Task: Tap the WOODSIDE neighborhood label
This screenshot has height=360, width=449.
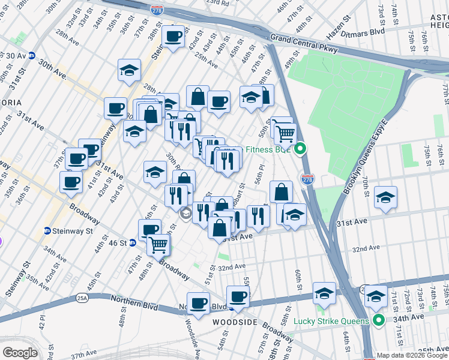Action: point(235,322)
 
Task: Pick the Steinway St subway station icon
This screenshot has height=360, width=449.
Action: point(47,230)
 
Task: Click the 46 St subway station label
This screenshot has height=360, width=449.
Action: point(118,243)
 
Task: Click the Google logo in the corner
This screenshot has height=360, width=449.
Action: point(20,353)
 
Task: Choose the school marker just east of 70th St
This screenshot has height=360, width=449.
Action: point(385,197)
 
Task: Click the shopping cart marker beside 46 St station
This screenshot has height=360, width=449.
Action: point(158,244)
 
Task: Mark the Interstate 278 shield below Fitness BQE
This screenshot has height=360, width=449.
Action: point(307,179)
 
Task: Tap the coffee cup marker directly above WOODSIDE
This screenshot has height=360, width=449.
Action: point(238,296)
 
